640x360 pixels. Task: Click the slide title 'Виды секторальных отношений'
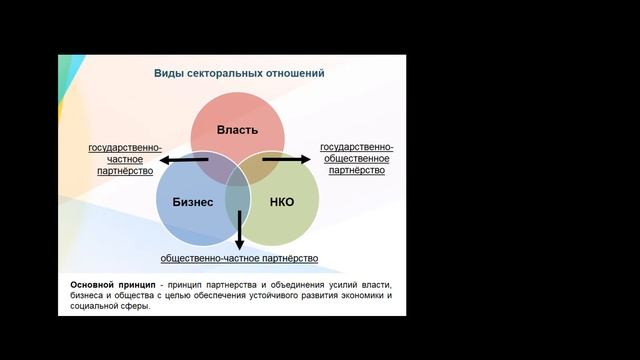pos(238,74)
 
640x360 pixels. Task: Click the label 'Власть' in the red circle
pos(238,130)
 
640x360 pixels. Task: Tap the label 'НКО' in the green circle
pos(282,201)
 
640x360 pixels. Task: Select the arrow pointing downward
pos(239,230)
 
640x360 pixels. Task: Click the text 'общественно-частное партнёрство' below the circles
pos(239,258)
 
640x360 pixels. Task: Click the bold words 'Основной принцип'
pos(111,285)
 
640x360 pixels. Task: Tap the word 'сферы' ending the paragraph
pos(135,307)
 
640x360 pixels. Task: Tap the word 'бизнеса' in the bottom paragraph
pos(86,296)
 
